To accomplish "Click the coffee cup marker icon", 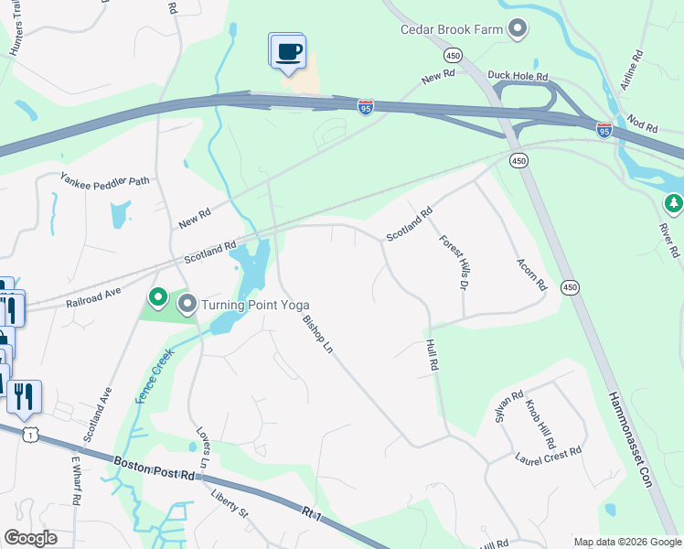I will pyautogui.click(x=288, y=50).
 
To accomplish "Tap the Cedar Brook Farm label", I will pyautogui.click(x=452, y=29).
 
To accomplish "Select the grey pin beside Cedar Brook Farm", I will pyautogui.click(x=518, y=29).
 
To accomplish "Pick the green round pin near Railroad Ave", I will pyautogui.click(x=157, y=297).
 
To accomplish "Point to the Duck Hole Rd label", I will pyautogui.click(x=518, y=77).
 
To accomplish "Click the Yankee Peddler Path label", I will pyautogui.click(x=104, y=180).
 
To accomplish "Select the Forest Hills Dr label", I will pyautogui.click(x=454, y=263).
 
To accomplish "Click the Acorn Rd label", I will pyautogui.click(x=531, y=271).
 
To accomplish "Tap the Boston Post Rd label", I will pyautogui.click(x=156, y=468).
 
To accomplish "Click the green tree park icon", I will pyautogui.click(x=674, y=202).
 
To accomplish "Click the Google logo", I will pyautogui.click(x=30, y=538).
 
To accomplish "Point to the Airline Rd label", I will pyautogui.click(x=632, y=68).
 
